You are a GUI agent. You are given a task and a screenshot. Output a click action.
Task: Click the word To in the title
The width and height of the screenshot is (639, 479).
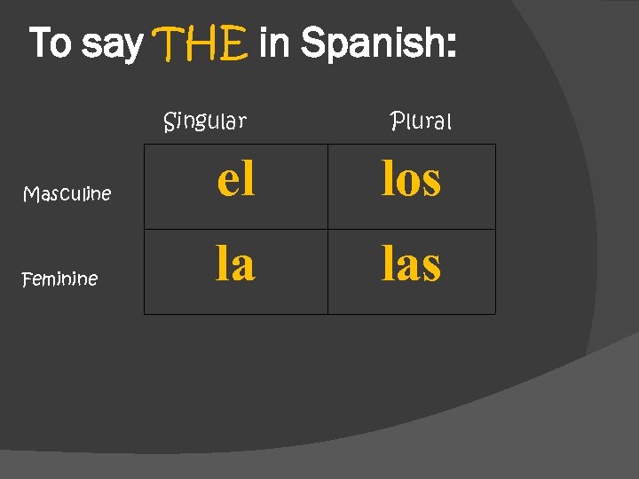pyautogui.click(x=50, y=43)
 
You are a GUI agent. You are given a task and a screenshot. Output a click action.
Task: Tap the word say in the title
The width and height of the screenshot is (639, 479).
pyautogui.click(x=112, y=44)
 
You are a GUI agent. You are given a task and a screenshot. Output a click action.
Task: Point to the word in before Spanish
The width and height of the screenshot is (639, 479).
pyautogui.click(x=275, y=43)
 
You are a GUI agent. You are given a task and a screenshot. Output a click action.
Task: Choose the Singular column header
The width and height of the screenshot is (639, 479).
pyautogui.click(x=205, y=121)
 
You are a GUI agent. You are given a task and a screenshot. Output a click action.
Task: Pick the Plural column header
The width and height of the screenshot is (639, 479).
pyautogui.click(x=422, y=121)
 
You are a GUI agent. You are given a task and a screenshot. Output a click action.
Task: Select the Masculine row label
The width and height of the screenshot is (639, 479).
pyautogui.click(x=67, y=193)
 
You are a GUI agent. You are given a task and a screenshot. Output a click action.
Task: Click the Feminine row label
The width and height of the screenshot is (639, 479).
pyautogui.click(x=59, y=279)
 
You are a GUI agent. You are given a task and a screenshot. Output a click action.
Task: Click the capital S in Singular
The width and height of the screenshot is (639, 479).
pyautogui.click(x=170, y=121)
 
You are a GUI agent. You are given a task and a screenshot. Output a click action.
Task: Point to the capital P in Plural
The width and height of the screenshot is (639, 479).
pyautogui.click(x=397, y=121)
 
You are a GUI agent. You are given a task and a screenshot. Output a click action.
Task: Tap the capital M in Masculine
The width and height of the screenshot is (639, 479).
pyautogui.click(x=29, y=193)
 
